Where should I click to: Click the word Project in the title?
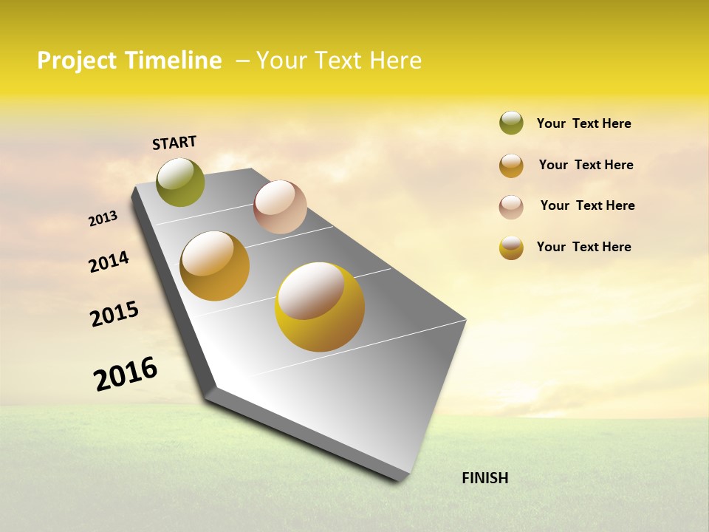(77, 61)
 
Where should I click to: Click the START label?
(174, 143)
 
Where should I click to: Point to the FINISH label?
(485, 478)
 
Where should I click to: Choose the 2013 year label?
(103, 218)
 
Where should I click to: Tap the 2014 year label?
(109, 262)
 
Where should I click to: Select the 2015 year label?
(114, 314)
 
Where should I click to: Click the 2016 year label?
(126, 374)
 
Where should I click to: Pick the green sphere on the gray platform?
(180, 182)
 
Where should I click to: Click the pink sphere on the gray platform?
(280, 207)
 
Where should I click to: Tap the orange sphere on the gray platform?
(215, 266)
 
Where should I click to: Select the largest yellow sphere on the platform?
(320, 307)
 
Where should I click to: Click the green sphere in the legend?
(511, 123)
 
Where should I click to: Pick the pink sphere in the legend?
(511, 207)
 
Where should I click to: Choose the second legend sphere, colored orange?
(511, 166)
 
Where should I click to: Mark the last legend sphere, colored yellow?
(511, 248)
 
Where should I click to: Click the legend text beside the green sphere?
(583, 123)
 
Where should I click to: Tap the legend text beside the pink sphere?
(587, 205)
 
